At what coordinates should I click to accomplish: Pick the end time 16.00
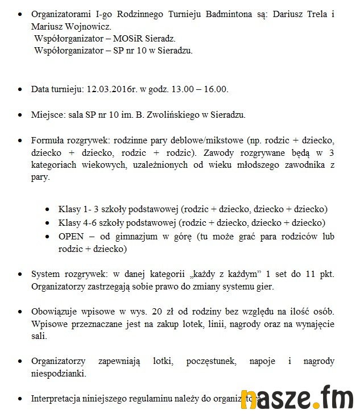point(216,89)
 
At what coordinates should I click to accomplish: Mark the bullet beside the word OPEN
point(48,237)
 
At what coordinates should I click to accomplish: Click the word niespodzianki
point(58,374)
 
